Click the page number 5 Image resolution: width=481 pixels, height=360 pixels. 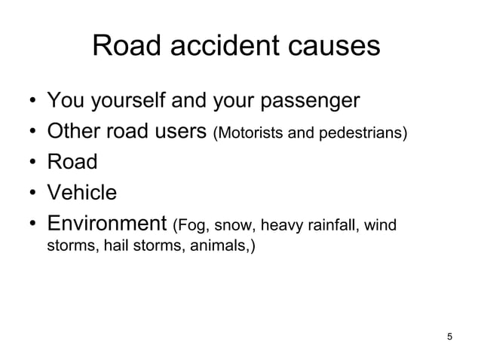[x=450, y=336]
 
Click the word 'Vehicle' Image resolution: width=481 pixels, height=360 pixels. [x=82, y=193]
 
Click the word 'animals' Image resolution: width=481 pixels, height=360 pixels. [x=222, y=246]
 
